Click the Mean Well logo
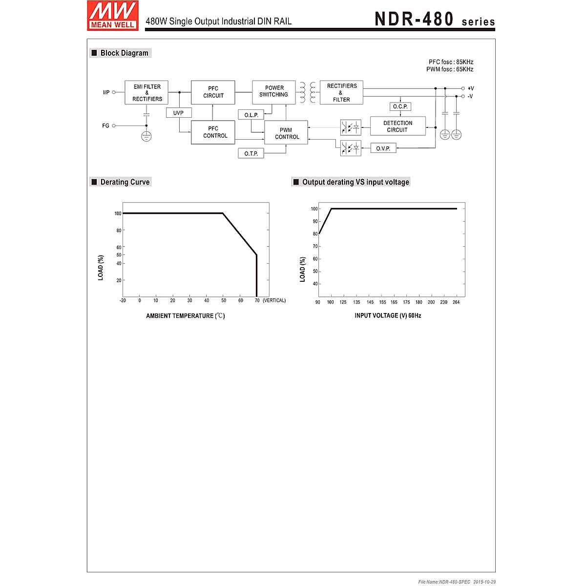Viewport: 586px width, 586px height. point(113,16)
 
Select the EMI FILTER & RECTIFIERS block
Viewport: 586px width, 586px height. point(146,93)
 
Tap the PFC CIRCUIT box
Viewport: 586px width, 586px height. point(213,92)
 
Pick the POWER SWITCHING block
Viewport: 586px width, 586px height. point(273,92)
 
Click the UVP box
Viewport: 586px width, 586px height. point(178,113)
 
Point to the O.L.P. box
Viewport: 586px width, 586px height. point(251,115)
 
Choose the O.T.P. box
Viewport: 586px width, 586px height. point(251,153)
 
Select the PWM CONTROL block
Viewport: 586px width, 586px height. point(286,133)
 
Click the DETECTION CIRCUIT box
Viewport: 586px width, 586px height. point(398,126)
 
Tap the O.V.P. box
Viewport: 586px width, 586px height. point(383,148)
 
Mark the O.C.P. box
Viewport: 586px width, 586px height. point(400,106)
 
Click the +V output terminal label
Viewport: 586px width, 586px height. point(470,88)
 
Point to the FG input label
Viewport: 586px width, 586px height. point(105,126)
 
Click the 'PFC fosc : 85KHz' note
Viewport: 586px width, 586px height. point(451,62)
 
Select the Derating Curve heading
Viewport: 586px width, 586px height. point(125,182)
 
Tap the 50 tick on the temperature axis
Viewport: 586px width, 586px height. point(224,300)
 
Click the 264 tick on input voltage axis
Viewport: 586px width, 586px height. point(456,302)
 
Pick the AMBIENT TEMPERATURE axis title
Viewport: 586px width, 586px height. point(185,316)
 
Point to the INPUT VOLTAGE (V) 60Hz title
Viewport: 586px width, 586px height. point(388,316)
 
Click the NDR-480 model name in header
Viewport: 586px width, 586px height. point(414,19)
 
